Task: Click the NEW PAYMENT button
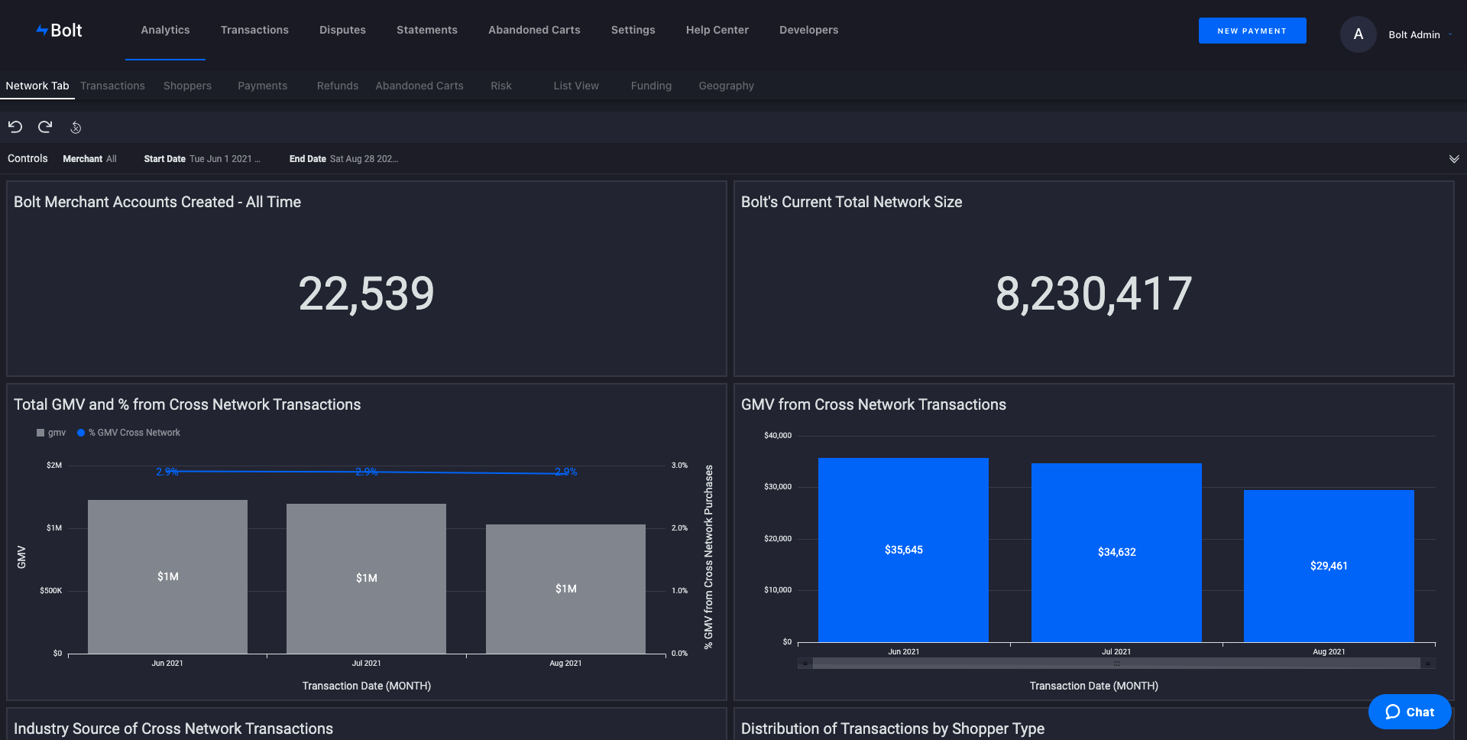pyautogui.click(x=1252, y=31)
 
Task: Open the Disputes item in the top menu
pyautogui.click(x=342, y=30)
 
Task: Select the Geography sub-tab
pyautogui.click(x=726, y=86)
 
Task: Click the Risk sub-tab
pyautogui.click(x=501, y=86)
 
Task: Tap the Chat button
pyautogui.click(x=1410, y=712)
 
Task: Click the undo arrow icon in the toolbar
pyautogui.click(x=15, y=127)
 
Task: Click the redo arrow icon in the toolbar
pyautogui.click(x=45, y=127)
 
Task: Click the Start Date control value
pyautogui.click(x=225, y=159)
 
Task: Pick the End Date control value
pyautogui.click(x=364, y=159)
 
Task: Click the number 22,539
pyautogui.click(x=366, y=294)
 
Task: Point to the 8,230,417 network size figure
pyautogui.click(x=1093, y=294)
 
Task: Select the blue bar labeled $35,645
pyautogui.click(x=903, y=550)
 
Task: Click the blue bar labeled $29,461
pyautogui.click(x=1329, y=566)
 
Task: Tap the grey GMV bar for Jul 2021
pyautogui.click(x=366, y=579)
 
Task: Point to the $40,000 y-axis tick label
pyautogui.click(x=778, y=436)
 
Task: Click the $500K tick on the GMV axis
pyautogui.click(x=51, y=591)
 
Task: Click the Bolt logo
pyautogui.click(x=59, y=31)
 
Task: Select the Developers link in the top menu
pyautogui.click(x=808, y=30)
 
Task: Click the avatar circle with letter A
pyautogui.click(x=1358, y=34)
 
